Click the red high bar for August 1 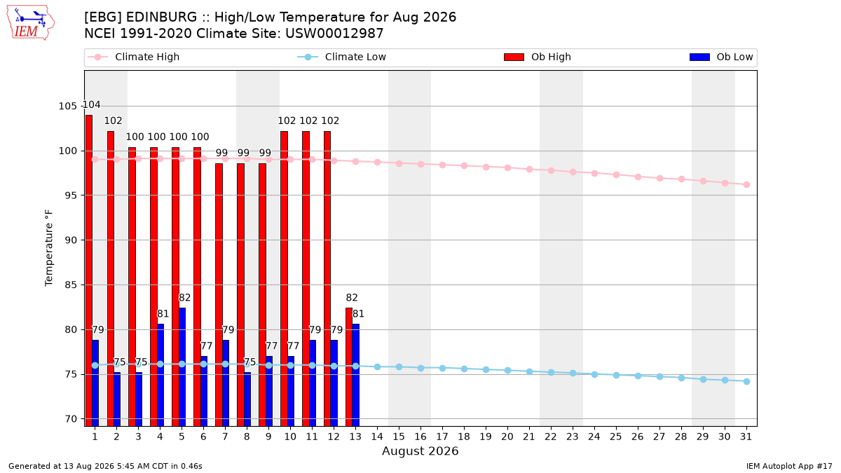coord(89,270)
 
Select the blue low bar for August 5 coord(182,367)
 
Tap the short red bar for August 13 coord(349,367)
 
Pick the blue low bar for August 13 coord(356,375)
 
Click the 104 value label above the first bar coord(91,104)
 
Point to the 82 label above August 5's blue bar coord(184,298)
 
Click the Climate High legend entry coord(134,57)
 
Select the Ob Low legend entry coord(721,57)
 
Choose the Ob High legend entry coord(538,57)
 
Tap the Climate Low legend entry coord(342,57)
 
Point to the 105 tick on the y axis coord(67,107)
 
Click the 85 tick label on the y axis coord(71,285)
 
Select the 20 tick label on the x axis coord(507,437)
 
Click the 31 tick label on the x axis coord(746,437)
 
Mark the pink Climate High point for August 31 coord(747,185)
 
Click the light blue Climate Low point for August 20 coord(507,371)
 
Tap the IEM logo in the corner coord(30,23)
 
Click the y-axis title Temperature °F coord(49,248)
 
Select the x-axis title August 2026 coord(420,451)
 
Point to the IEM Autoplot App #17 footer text coord(789,466)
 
